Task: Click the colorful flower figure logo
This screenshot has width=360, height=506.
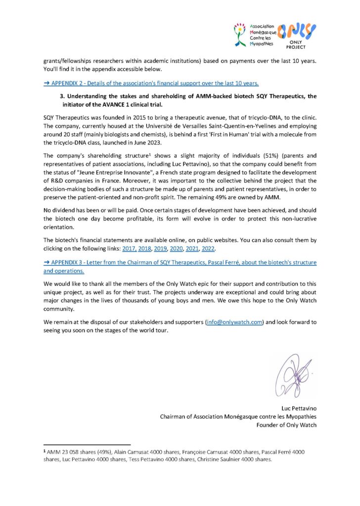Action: (x=240, y=35)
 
